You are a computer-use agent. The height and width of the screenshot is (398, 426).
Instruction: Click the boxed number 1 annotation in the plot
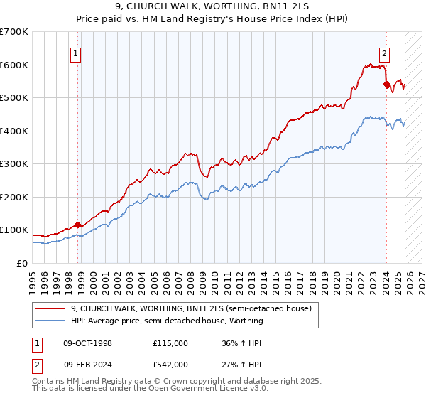75,52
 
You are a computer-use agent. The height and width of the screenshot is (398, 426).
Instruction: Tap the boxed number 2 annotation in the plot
384,52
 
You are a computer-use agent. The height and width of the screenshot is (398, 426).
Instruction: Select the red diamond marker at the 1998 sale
78,225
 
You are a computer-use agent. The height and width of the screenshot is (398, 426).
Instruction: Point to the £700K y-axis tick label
14,32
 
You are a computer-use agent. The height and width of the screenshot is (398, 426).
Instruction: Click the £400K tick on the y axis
14,131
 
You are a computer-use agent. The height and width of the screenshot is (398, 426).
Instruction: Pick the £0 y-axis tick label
23,263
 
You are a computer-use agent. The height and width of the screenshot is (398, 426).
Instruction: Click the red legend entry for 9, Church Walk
191,308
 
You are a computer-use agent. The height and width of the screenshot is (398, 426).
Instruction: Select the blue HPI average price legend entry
167,321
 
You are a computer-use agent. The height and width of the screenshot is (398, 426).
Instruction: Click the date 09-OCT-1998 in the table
88,343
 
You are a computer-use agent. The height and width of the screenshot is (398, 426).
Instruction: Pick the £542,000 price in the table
170,364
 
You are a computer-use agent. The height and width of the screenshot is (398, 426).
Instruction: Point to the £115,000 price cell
170,343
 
